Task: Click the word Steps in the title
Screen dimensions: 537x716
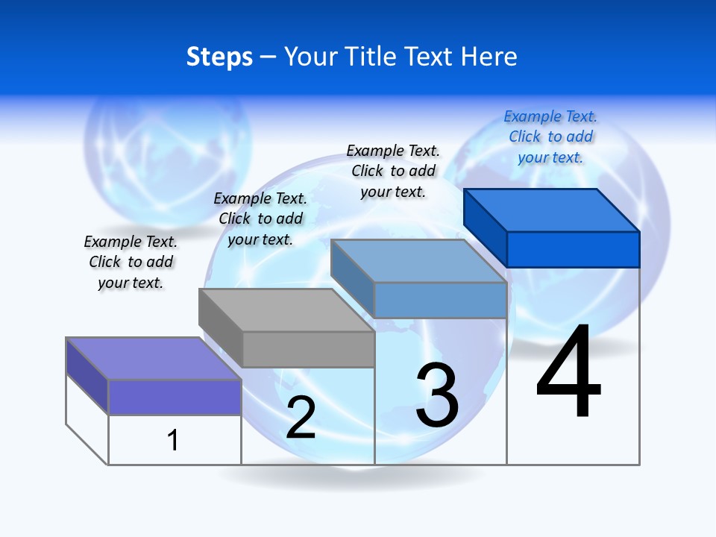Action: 219,57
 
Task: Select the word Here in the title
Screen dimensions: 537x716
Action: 489,57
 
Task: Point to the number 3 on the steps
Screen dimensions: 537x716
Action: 437,395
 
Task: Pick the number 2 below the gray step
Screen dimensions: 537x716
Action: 301,417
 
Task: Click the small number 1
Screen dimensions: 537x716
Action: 173,440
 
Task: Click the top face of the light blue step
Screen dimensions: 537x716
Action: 419,260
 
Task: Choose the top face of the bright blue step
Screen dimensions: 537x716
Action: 552,210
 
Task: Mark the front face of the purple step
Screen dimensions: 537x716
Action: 175,397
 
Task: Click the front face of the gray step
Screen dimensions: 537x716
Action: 308,349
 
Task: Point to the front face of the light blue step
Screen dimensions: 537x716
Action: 440,300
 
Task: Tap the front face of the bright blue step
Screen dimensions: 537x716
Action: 573,249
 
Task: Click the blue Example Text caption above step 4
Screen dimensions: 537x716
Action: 550,136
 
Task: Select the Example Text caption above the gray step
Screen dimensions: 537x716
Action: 260,219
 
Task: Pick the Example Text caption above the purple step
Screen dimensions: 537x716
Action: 131,262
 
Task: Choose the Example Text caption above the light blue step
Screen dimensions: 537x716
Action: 393,171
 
